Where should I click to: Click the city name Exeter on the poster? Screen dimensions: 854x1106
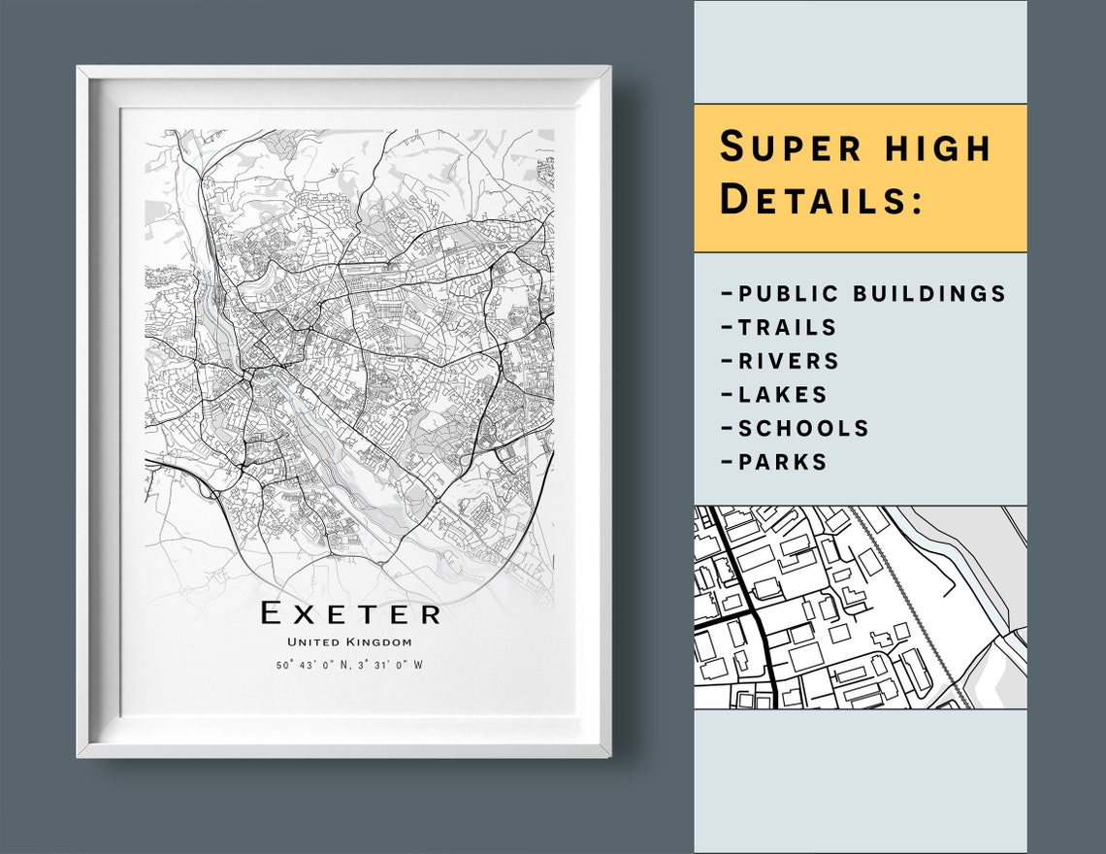click(350, 613)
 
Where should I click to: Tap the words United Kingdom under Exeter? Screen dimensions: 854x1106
click(349, 641)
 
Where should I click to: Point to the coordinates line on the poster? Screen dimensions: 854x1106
click(349, 665)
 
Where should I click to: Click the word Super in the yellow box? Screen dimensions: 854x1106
click(790, 148)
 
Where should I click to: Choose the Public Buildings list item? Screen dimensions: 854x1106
click(863, 293)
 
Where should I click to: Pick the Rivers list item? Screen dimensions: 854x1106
click(780, 361)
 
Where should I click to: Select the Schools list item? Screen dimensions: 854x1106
click(795, 428)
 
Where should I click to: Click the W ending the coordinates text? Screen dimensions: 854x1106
click(419, 665)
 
